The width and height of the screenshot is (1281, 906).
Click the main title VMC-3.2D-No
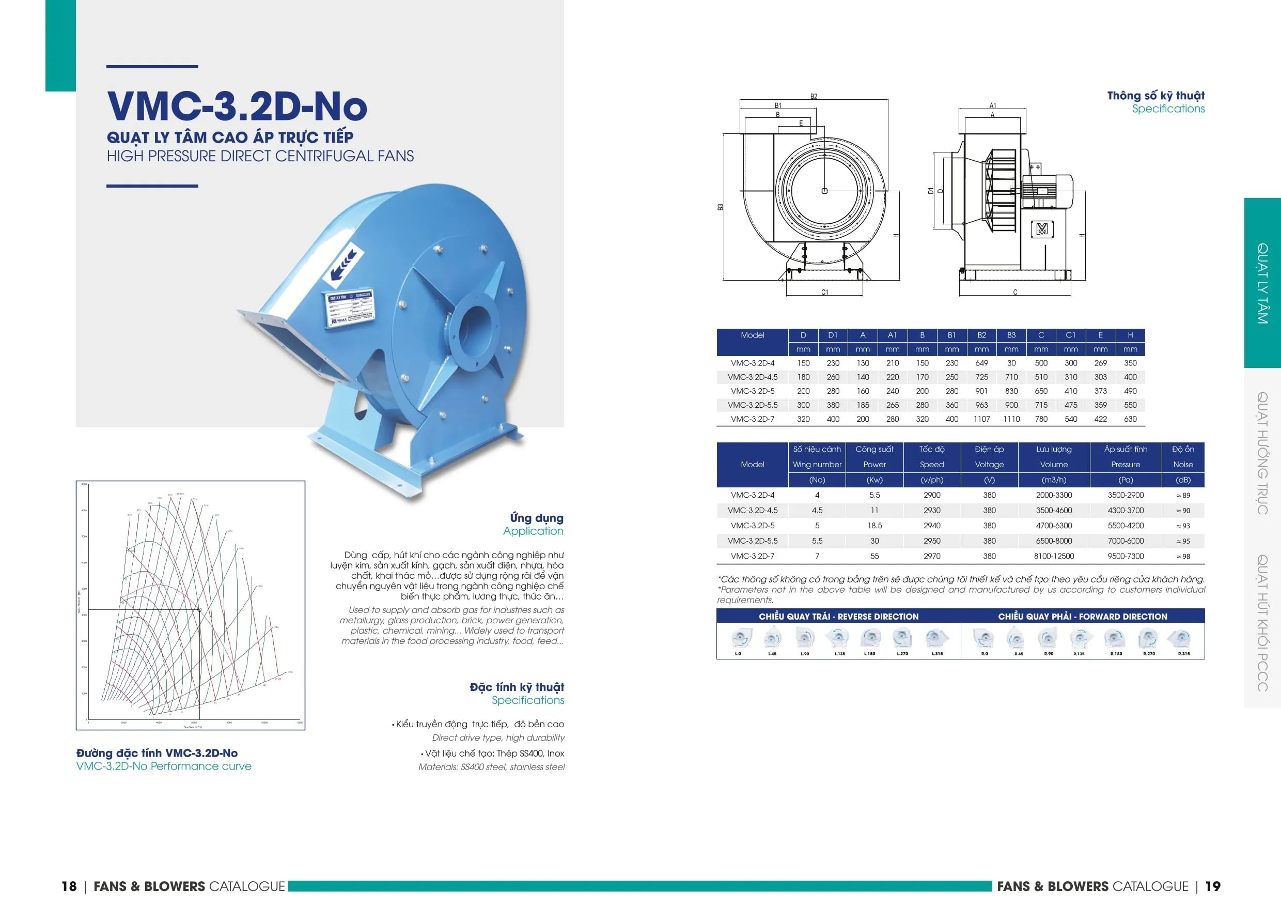(x=237, y=106)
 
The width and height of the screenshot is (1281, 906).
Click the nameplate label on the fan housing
(x=350, y=309)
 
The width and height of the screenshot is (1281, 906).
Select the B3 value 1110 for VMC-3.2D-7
(x=1011, y=419)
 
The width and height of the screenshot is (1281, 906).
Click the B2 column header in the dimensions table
(x=981, y=335)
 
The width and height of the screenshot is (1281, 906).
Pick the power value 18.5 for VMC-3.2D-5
(x=874, y=526)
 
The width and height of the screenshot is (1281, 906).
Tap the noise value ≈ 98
(x=1183, y=557)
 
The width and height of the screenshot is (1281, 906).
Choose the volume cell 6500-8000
(x=1053, y=541)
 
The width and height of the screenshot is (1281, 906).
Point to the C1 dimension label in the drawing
(x=824, y=293)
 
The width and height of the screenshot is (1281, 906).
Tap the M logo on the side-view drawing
(x=1042, y=229)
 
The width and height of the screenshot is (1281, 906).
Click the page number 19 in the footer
(x=1213, y=886)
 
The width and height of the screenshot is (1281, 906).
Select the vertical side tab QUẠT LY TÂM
(x=1262, y=283)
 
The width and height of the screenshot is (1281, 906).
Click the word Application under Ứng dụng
(x=533, y=531)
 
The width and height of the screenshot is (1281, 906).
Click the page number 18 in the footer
(x=69, y=886)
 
